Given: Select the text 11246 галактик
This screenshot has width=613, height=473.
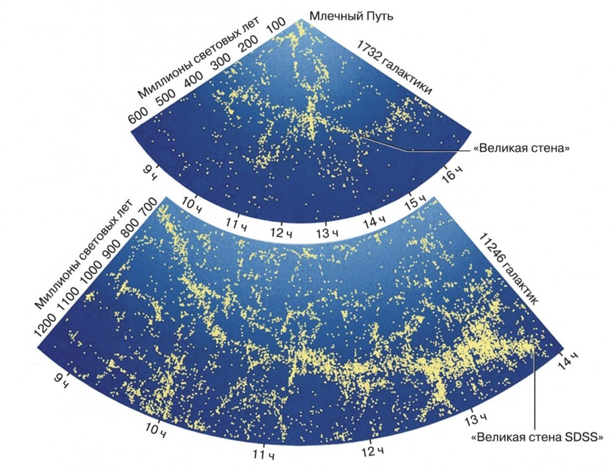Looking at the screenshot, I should [x=508, y=269].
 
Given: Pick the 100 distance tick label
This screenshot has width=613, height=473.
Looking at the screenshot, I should [x=277, y=27].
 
